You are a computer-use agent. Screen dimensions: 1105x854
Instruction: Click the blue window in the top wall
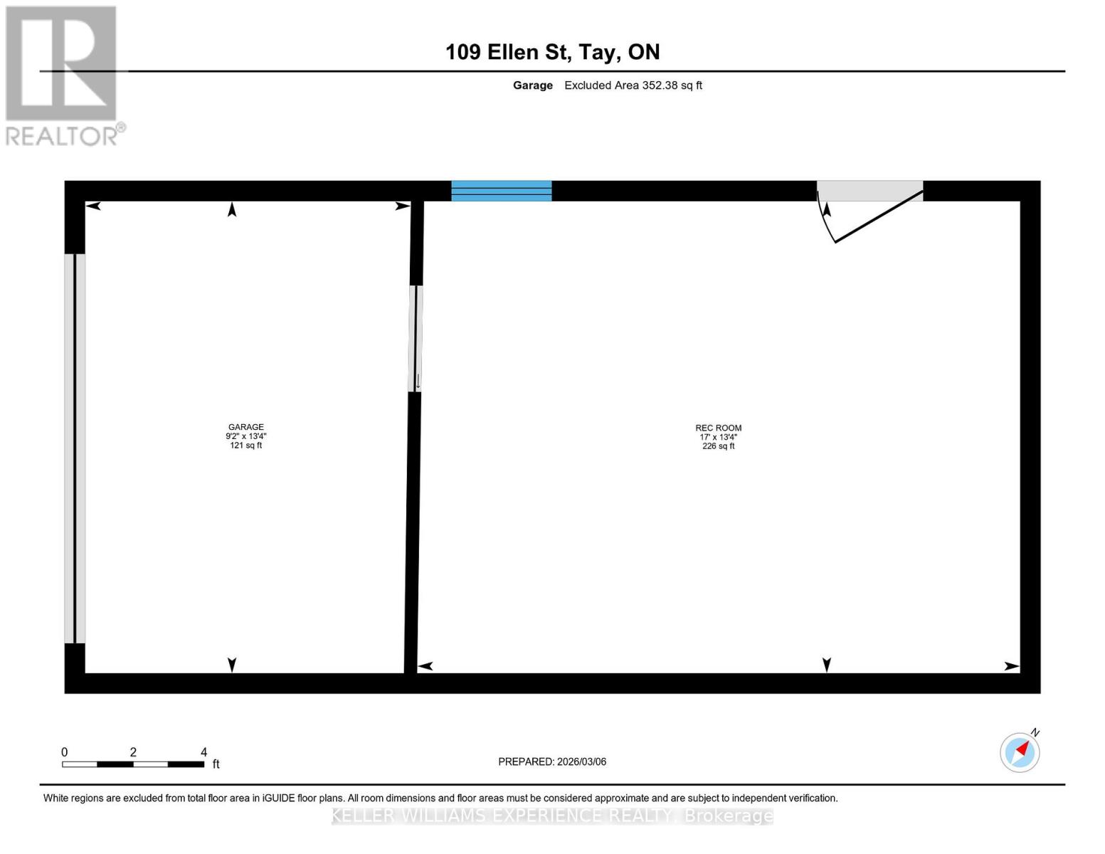pyautogui.click(x=502, y=191)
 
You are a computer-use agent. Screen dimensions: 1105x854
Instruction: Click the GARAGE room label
pyautogui.click(x=245, y=427)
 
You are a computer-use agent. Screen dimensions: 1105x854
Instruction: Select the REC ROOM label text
pyautogui.click(x=718, y=428)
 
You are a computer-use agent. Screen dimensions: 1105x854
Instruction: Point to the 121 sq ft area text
pyautogui.click(x=245, y=445)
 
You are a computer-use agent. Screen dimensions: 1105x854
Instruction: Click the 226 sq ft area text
pyautogui.click(x=718, y=446)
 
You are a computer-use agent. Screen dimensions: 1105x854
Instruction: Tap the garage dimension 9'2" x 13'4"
pyautogui.click(x=245, y=436)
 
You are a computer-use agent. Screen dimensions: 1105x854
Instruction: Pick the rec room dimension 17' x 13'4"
pyautogui.click(x=718, y=437)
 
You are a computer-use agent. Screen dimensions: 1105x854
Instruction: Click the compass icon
pyautogui.click(x=1020, y=752)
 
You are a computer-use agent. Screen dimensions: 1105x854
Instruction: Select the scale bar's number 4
pyautogui.click(x=203, y=752)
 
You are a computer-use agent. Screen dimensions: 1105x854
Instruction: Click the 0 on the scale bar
pyautogui.click(x=65, y=752)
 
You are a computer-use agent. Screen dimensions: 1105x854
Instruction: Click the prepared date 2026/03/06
pyautogui.click(x=581, y=761)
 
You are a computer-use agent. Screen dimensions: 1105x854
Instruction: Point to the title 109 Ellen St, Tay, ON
pyautogui.click(x=552, y=52)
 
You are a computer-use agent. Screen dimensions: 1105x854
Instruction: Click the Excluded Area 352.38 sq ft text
pyautogui.click(x=633, y=85)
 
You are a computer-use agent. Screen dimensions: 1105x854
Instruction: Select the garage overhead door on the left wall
pyautogui.click(x=75, y=448)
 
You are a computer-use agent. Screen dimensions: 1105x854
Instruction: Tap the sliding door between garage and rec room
pyautogui.click(x=416, y=338)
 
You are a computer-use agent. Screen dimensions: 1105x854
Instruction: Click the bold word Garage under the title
pyautogui.click(x=532, y=85)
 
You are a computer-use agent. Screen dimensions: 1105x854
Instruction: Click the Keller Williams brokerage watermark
pyautogui.click(x=552, y=816)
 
